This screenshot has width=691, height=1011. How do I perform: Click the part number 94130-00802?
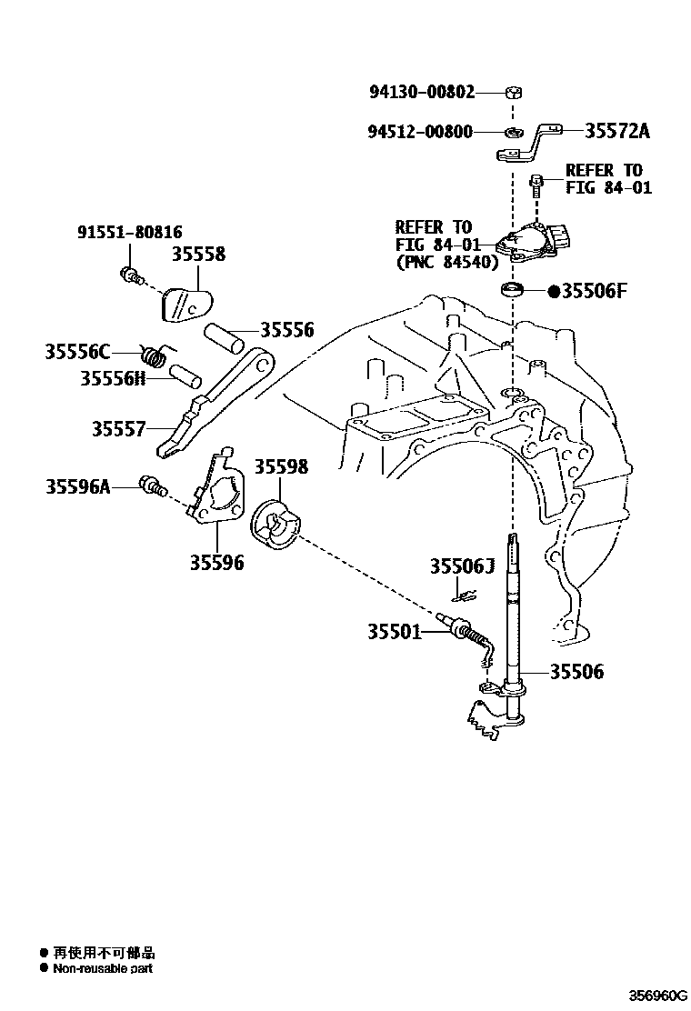coord(422,92)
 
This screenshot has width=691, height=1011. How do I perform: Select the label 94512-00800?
coord(420,131)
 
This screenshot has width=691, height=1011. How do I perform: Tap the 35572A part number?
coord(617,131)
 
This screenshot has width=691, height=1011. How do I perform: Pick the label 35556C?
coord(77,351)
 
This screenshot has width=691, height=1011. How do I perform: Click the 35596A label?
coord(77,486)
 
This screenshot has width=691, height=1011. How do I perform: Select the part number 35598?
coord(280,466)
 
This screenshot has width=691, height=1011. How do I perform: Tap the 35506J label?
coord(461,567)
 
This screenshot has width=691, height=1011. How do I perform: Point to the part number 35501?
coord(395,630)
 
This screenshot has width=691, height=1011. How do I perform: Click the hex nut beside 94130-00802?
coord(513,92)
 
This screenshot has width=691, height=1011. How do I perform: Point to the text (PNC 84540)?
coord(446,262)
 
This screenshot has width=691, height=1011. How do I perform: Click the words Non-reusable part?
coord(103,968)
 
